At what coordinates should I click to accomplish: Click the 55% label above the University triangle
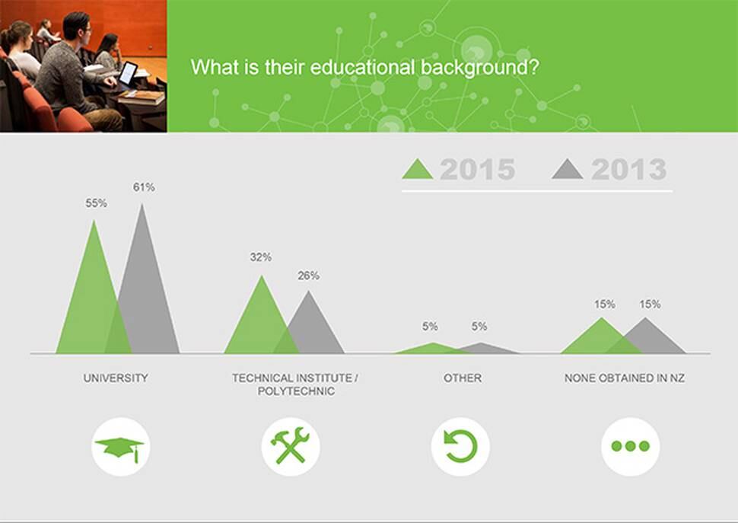point(96,203)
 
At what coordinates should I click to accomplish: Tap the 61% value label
point(144,187)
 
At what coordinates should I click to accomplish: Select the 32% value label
point(261,257)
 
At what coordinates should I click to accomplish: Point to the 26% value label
point(308,276)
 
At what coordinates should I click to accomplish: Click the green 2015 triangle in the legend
point(418,169)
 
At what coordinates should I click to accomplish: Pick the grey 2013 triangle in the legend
point(568,169)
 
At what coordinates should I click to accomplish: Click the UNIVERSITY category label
point(116,378)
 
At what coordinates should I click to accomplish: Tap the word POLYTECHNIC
point(296,391)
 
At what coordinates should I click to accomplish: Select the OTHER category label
point(462,378)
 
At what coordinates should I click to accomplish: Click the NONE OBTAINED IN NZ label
point(625,378)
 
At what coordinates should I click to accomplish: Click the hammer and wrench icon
point(291,446)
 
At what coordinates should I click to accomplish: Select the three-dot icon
point(630,446)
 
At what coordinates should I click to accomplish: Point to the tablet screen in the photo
point(128,73)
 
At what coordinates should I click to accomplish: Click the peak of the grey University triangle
point(142,204)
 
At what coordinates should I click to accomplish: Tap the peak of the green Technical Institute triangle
point(262,276)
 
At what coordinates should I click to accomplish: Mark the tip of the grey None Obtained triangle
point(645,317)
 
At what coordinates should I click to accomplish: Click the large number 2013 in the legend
point(628,170)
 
